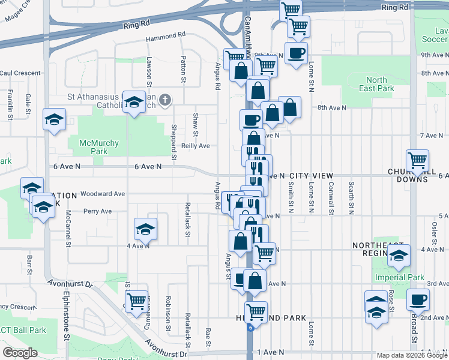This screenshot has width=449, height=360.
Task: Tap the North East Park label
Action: [x=376, y=85]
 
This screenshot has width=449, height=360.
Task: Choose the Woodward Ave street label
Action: [x=103, y=194]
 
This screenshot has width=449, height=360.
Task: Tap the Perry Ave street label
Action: [x=98, y=211]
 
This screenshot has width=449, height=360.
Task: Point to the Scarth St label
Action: [x=351, y=199]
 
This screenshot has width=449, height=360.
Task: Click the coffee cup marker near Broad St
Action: [x=418, y=299]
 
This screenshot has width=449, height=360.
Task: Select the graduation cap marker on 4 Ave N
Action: [x=145, y=230]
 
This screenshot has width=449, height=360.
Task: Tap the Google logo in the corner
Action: [x=20, y=352]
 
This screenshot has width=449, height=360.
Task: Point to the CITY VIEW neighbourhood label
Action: [x=311, y=176]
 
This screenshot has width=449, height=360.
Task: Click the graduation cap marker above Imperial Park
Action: [x=399, y=256]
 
